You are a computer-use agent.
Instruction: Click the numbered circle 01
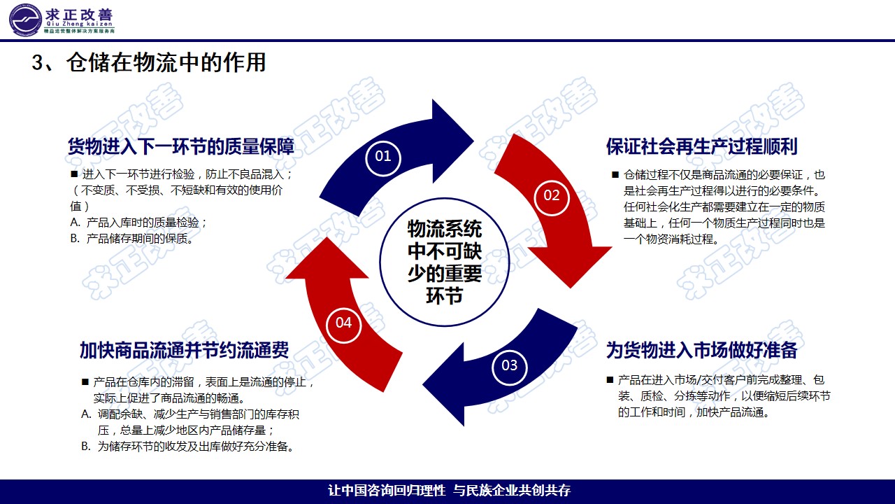(x=383, y=157)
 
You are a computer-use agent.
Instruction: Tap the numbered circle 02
(x=552, y=195)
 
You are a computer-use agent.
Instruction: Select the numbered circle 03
(x=509, y=365)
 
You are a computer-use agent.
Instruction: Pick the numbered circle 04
(x=343, y=323)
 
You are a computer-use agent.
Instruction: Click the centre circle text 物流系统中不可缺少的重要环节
(x=445, y=261)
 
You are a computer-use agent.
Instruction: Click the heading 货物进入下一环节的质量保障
(x=180, y=146)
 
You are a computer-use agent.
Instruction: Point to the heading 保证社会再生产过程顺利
(x=701, y=146)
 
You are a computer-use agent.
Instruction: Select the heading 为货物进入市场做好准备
(x=701, y=349)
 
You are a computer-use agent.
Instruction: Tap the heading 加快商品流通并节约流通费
(x=184, y=350)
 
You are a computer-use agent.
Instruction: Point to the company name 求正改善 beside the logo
(x=80, y=15)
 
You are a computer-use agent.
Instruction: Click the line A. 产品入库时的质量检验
(x=139, y=223)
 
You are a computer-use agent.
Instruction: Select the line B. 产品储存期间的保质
(x=131, y=239)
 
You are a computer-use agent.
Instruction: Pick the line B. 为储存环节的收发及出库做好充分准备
(x=187, y=446)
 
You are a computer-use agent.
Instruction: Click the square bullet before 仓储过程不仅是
(x=615, y=175)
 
